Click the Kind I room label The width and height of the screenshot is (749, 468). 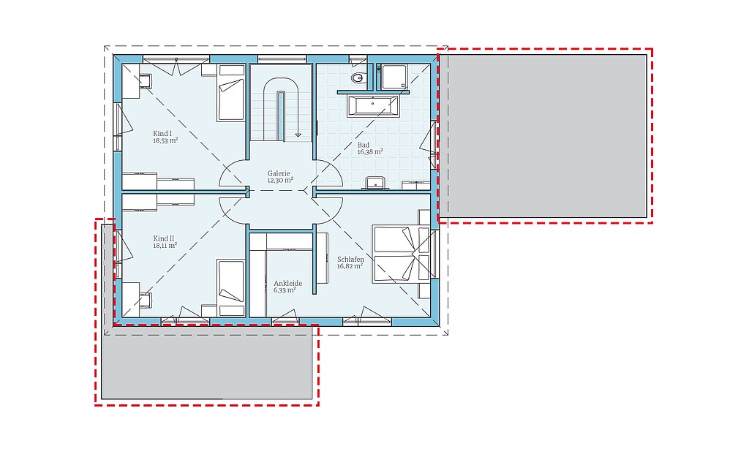pyautogui.click(x=162, y=133)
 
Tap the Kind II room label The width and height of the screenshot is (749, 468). pyautogui.click(x=163, y=238)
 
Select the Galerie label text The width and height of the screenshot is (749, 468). pyautogui.click(x=279, y=173)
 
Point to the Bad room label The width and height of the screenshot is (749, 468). pyautogui.click(x=364, y=145)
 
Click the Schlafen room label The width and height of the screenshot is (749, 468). pyautogui.click(x=350, y=260)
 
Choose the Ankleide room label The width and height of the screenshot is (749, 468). pyautogui.click(x=287, y=283)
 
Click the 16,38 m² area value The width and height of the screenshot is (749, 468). pyautogui.click(x=370, y=152)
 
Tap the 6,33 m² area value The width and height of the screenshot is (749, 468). pyautogui.click(x=285, y=290)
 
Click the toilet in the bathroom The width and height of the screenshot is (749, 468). pyautogui.click(x=358, y=78)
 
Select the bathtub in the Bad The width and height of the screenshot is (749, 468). pyautogui.click(x=373, y=106)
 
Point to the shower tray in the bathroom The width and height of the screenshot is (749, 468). pyautogui.click(x=394, y=77)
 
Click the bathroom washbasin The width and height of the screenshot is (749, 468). pyautogui.click(x=376, y=183)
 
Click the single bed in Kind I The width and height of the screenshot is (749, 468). pyautogui.click(x=231, y=93)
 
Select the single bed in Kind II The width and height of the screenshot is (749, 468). pyautogui.click(x=231, y=288)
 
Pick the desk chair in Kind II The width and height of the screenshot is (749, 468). pyautogui.click(x=145, y=301)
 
